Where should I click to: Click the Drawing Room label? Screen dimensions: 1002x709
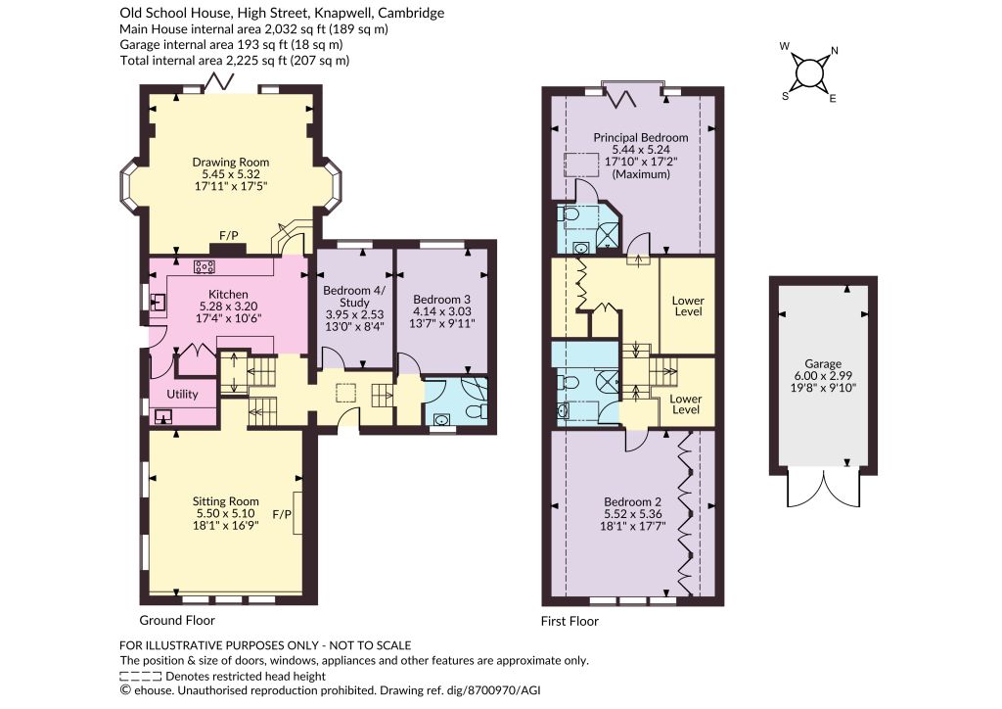231,163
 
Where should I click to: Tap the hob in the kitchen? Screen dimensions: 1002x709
205,266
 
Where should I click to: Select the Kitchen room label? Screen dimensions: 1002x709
228,294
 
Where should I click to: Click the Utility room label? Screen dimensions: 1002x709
182,394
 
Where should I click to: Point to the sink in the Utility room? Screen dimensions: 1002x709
163,417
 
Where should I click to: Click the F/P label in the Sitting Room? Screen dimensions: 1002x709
282,514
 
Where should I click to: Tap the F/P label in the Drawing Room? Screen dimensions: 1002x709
229,236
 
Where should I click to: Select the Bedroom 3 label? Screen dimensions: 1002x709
441,300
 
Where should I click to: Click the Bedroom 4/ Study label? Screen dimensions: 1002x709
354,296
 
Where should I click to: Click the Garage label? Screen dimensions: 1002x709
823,363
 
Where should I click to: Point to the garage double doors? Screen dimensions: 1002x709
824,489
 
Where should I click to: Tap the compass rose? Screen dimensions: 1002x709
809,71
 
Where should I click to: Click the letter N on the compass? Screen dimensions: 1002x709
834,51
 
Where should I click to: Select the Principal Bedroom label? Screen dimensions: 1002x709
641,137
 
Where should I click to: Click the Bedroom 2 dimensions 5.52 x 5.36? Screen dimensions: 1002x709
633,514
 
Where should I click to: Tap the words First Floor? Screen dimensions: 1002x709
569,621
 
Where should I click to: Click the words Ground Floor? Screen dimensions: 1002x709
177,620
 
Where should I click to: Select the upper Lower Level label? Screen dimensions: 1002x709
688,306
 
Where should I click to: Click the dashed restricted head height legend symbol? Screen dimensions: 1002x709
140,676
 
